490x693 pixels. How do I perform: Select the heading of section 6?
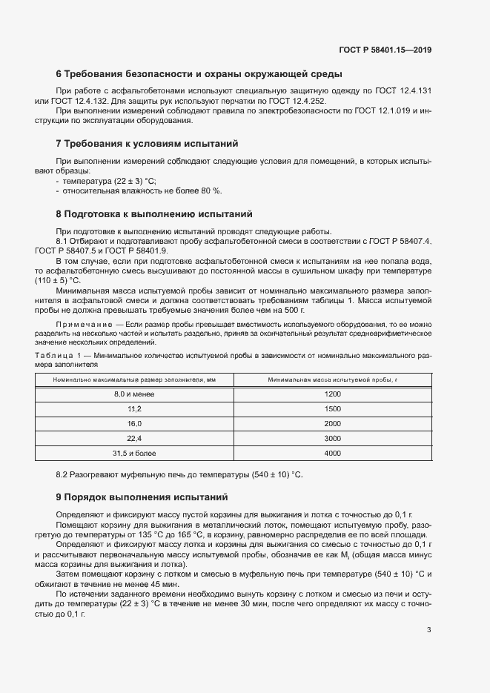click(199, 74)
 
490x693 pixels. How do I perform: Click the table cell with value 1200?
click(332, 394)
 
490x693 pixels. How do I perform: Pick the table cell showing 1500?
click(332, 408)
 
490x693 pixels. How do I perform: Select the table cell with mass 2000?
click(332, 423)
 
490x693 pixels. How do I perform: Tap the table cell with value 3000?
click(332, 438)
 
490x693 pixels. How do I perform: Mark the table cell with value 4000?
click(332, 452)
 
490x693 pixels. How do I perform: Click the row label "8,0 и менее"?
click(134, 394)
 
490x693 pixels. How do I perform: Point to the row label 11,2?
click(134, 408)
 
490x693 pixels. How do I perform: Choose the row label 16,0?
click(134, 423)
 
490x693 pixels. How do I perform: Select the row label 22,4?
click(134, 438)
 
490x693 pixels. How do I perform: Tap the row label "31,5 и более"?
click(134, 452)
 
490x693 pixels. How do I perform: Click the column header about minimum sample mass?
click(332, 379)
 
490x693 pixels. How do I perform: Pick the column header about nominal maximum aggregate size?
click(134, 379)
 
